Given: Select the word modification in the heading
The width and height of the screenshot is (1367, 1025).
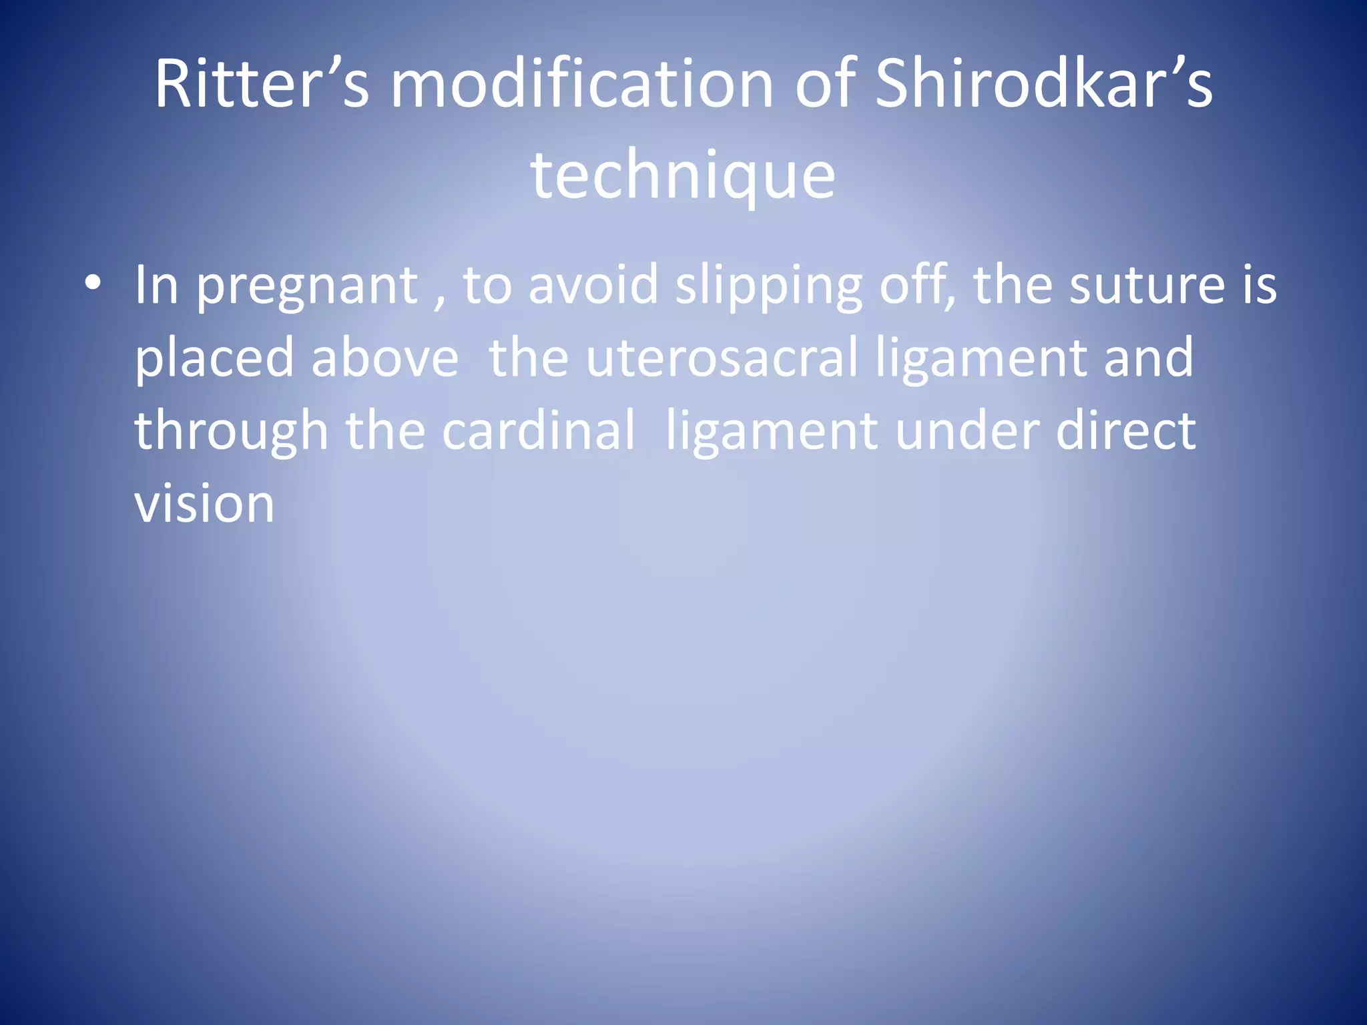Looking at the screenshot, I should pyautogui.click(x=581, y=84).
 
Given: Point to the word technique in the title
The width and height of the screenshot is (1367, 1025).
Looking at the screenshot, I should pyautogui.click(x=683, y=175).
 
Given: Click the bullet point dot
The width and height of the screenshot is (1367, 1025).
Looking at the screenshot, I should pyautogui.click(x=93, y=284).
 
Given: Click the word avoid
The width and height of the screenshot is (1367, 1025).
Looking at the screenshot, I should pyautogui.click(x=593, y=285).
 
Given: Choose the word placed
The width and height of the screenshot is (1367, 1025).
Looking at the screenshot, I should pyautogui.click(x=214, y=358).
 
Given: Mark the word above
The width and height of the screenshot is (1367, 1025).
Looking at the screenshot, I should pyautogui.click(x=385, y=358).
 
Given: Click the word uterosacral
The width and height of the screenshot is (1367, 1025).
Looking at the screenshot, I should pyautogui.click(x=722, y=358).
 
